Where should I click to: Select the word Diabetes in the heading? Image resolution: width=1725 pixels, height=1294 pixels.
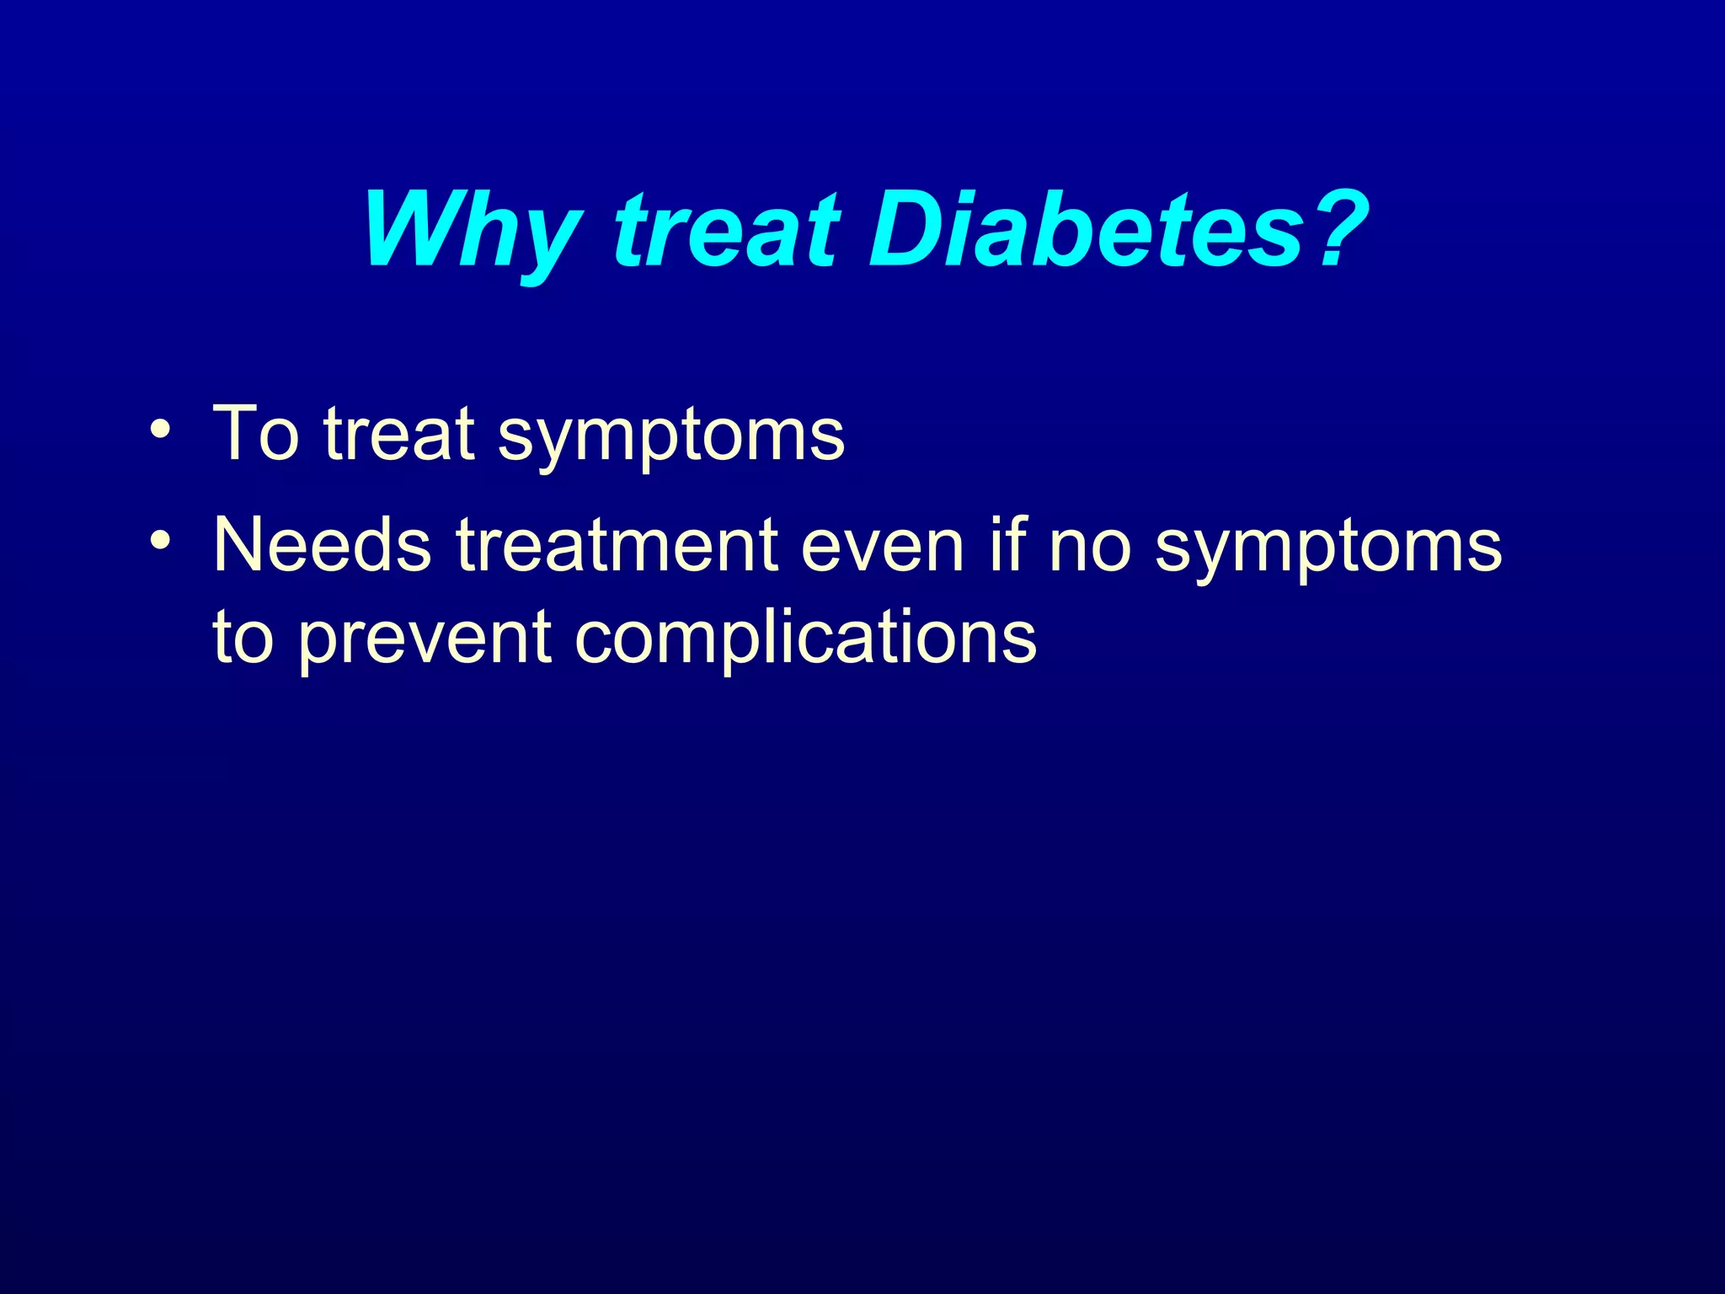(x=1087, y=229)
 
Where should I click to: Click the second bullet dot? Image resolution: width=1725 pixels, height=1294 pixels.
(x=159, y=540)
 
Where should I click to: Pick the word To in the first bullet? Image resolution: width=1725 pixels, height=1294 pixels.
(x=256, y=435)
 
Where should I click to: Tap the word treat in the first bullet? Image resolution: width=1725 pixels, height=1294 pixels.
(x=400, y=435)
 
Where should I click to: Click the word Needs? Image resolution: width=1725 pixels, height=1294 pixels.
(x=322, y=546)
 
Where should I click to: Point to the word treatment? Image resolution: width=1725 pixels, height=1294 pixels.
(x=617, y=546)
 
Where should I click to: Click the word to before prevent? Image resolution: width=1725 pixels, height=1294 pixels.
(x=244, y=638)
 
